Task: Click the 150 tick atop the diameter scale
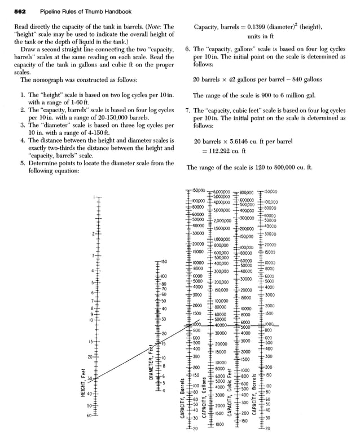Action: pos(164,262)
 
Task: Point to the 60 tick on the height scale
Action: pos(89,416)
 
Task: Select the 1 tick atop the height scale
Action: pos(94,197)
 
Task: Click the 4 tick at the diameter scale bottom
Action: pos(163,391)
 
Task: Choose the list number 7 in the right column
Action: pos(188,111)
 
